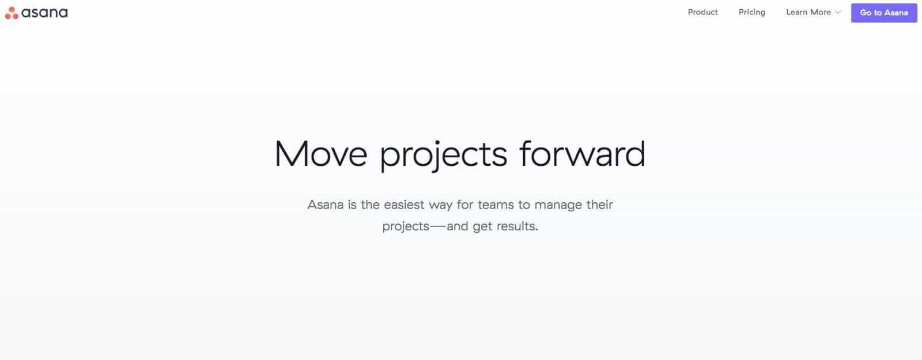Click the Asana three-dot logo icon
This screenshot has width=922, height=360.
click(12, 13)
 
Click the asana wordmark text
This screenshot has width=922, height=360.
click(44, 13)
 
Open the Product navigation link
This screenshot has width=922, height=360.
click(702, 12)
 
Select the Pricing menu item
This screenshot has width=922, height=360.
click(751, 12)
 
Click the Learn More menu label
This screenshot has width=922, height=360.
click(808, 12)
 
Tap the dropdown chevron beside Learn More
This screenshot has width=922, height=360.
click(838, 12)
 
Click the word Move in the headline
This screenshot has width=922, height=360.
click(320, 154)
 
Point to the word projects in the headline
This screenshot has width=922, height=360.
click(443, 156)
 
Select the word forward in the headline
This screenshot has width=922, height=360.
click(583, 153)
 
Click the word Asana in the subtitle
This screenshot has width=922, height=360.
click(325, 204)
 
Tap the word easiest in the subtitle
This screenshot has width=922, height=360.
click(404, 204)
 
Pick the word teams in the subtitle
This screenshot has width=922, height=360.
click(496, 205)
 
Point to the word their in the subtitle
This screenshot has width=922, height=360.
click(600, 204)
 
